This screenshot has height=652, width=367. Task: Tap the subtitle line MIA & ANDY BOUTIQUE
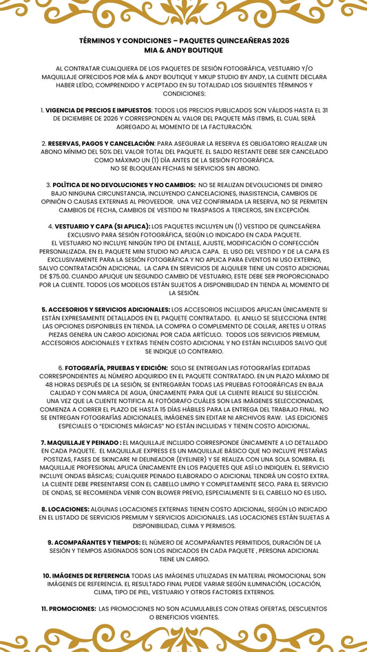[x=183, y=50]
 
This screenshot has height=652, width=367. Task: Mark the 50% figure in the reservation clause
[x=113, y=151]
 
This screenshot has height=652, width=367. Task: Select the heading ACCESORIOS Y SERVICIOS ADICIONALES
[x=105, y=309]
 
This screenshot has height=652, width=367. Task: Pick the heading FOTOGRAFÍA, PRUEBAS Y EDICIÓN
[x=116, y=368]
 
